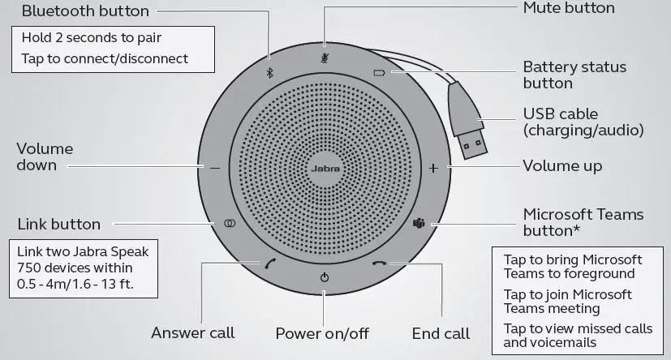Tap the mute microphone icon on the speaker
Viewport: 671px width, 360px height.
tap(325, 58)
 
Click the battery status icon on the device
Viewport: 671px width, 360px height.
tap(378, 72)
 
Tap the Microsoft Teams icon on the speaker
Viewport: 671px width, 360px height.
tap(420, 223)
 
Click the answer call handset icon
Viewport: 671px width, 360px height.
tap(269, 263)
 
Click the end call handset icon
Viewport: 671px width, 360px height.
tap(379, 263)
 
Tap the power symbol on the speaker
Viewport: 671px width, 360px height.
tap(325, 277)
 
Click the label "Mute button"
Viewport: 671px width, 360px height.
tap(569, 8)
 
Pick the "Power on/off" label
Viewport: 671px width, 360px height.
tap(323, 333)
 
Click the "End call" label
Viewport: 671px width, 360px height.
tap(441, 333)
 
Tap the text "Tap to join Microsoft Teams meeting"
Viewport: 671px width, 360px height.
tap(567, 301)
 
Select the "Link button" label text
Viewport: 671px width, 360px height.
tap(58, 224)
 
